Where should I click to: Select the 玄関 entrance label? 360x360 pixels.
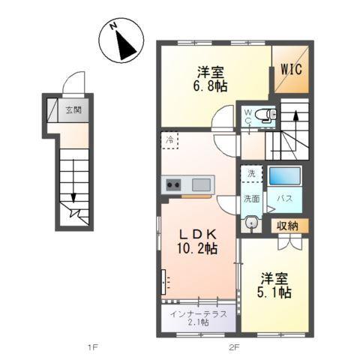[73, 109]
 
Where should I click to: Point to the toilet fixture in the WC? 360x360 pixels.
[265, 114]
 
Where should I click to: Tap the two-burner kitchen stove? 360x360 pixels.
[173, 184]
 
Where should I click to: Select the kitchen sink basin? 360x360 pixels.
[201, 184]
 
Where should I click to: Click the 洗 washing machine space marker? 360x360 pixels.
[250, 172]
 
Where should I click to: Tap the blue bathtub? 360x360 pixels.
[285, 176]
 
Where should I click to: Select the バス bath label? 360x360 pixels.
[285, 199]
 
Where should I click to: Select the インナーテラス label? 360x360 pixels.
[198, 313]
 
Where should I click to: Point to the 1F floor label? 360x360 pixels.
[92, 347]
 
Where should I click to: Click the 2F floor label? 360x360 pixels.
[233, 347]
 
